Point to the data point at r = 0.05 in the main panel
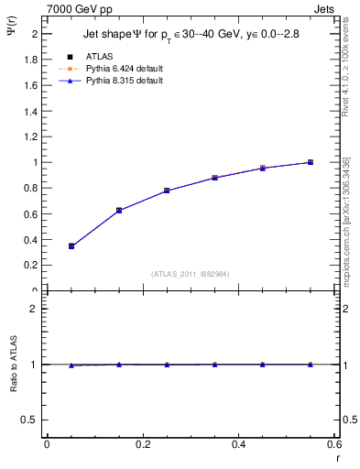click(x=71, y=245)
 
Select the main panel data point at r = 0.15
click(x=119, y=210)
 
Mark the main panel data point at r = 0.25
click(x=167, y=191)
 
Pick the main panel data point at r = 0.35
click(x=214, y=178)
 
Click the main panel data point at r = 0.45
click(x=262, y=168)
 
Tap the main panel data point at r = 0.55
click(x=311, y=162)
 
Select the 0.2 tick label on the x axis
click(x=142, y=443)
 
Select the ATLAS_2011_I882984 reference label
click(x=190, y=274)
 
